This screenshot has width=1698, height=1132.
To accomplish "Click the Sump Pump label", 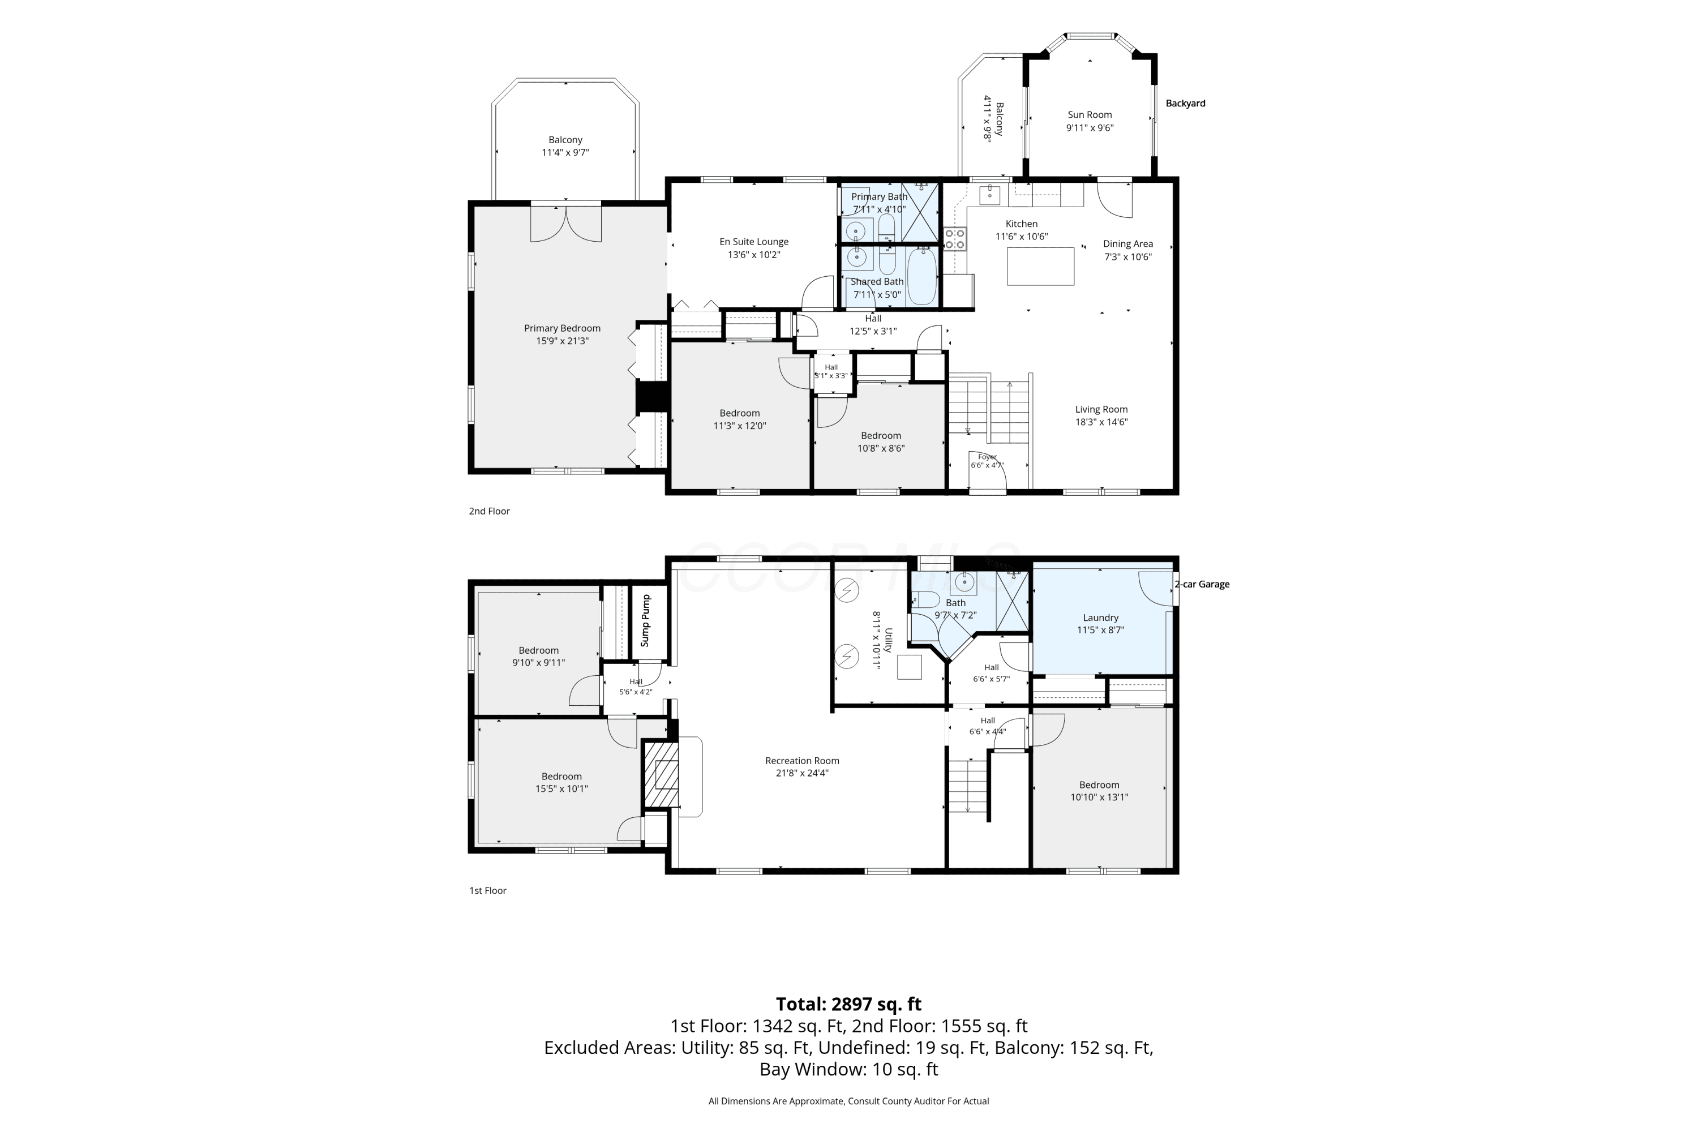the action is (x=646, y=620).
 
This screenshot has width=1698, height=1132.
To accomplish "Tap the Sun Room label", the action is (x=1090, y=115).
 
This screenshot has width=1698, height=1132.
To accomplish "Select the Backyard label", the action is (x=1185, y=103).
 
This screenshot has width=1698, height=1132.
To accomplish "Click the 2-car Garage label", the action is (x=1202, y=584).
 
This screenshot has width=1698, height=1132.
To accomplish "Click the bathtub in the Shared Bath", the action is (x=922, y=277).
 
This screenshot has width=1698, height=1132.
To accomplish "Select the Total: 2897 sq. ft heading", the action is (x=849, y=1004).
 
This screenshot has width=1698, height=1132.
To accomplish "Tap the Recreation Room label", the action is (x=802, y=760).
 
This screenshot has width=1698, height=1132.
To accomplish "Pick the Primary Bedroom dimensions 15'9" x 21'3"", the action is (x=563, y=341).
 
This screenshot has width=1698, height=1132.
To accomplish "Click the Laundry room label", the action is (x=1100, y=618).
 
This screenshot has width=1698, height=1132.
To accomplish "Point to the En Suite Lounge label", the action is (x=754, y=242).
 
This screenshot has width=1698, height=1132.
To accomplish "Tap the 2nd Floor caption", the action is (x=490, y=511).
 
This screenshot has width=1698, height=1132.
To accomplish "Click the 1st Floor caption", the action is (x=488, y=890).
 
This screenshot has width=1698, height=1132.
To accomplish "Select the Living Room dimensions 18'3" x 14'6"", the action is (x=1101, y=422).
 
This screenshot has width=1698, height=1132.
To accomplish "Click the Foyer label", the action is (x=988, y=457).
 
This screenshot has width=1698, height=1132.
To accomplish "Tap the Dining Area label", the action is (x=1127, y=244).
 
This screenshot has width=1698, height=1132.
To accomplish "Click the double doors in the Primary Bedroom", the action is (x=566, y=223).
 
